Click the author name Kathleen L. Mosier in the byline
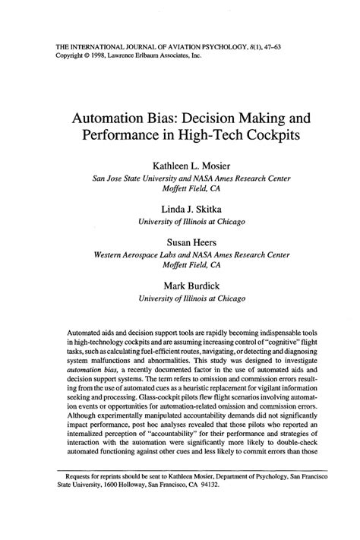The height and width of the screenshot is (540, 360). tap(180, 165)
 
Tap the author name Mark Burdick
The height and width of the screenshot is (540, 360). tap(180, 286)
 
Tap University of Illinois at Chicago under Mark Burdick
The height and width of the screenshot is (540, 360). tap(180, 298)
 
